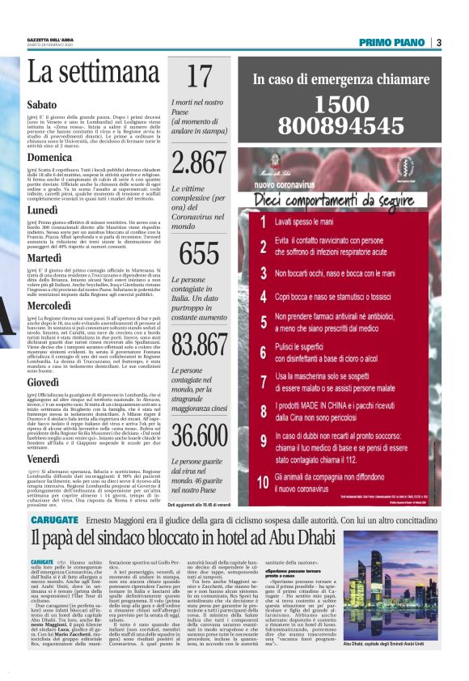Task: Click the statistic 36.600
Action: click(x=199, y=434)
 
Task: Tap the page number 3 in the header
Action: click(x=438, y=42)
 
